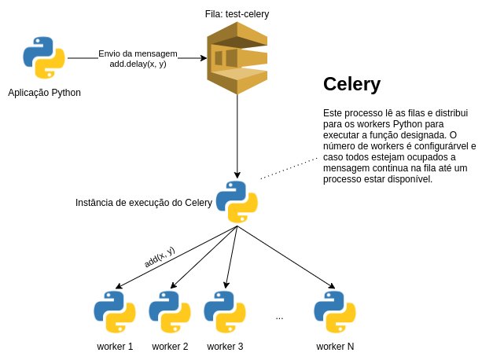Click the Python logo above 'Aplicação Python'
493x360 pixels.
pyautogui.click(x=44, y=57)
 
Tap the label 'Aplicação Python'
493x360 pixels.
pyautogui.click(x=44, y=93)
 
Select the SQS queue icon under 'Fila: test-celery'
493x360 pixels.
pyautogui.click(x=237, y=58)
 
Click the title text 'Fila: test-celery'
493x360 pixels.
pyautogui.click(x=237, y=14)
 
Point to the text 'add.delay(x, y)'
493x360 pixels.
pyautogui.click(x=138, y=64)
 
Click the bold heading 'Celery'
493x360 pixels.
pyautogui.click(x=351, y=84)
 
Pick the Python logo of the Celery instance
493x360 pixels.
pyautogui.click(x=237, y=202)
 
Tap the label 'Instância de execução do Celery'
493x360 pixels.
pyautogui.click(x=144, y=203)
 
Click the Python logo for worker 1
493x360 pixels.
pyautogui.click(x=115, y=312)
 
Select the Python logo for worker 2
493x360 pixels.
pyautogui.click(x=170, y=312)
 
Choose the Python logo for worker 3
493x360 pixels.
pyautogui.click(x=225, y=312)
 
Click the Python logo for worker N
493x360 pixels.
pyautogui.click(x=335, y=312)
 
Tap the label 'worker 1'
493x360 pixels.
pyautogui.click(x=115, y=347)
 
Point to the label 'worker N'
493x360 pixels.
pyautogui.click(x=335, y=347)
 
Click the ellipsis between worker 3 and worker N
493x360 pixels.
pyautogui.click(x=279, y=317)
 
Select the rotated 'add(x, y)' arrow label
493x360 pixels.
pyautogui.click(x=160, y=256)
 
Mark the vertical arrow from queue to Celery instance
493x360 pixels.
pyautogui.click(x=237, y=134)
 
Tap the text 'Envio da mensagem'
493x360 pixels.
pyautogui.click(x=138, y=53)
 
